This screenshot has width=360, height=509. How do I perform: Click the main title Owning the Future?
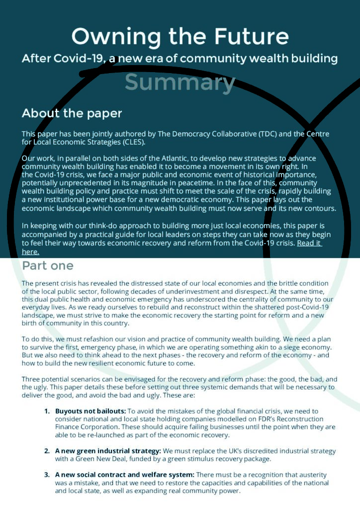pos(180,36)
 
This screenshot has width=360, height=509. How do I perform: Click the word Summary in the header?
pos(180,83)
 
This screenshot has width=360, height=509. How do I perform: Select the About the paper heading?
pos(72,113)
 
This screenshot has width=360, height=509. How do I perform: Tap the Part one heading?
pos(48,265)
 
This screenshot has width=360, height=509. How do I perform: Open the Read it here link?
pos(309,243)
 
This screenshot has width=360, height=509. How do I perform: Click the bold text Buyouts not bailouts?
pos(90,411)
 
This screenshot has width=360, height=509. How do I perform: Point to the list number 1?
pos(47,411)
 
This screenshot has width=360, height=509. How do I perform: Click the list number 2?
pos(47,451)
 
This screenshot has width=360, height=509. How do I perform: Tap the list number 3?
pos(47,475)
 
